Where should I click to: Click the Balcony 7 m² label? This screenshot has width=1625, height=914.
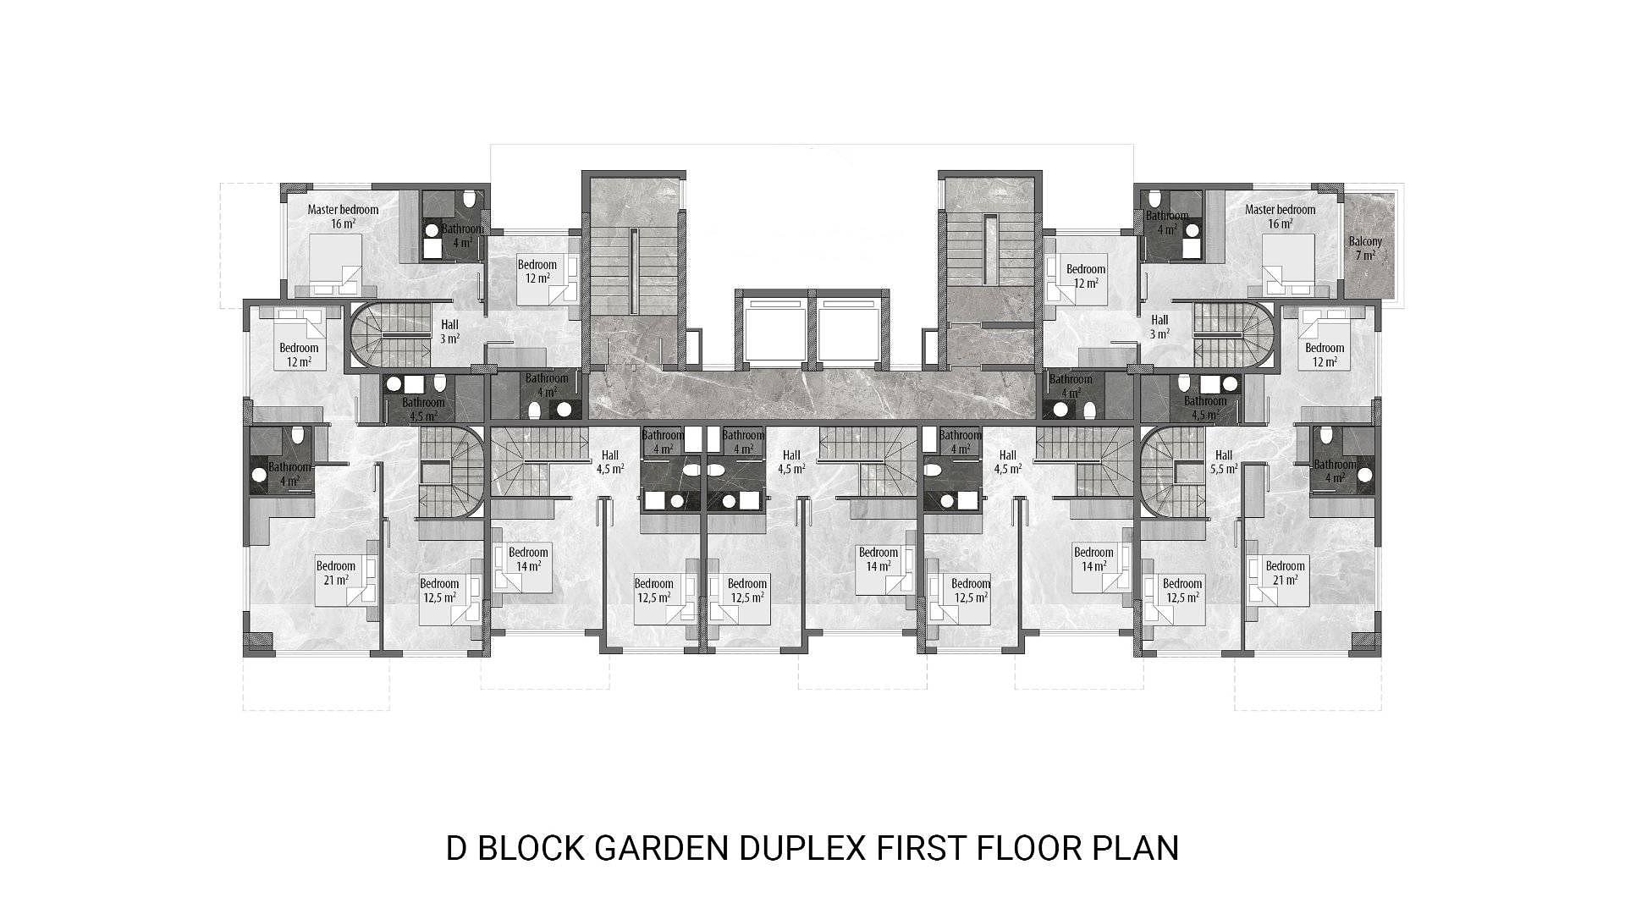pyautogui.click(x=1365, y=248)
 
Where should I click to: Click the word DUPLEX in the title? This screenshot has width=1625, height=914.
pyautogui.click(x=802, y=848)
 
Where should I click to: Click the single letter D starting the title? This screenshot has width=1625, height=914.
pyautogui.click(x=457, y=848)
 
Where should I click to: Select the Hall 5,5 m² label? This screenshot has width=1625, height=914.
pyautogui.click(x=1223, y=461)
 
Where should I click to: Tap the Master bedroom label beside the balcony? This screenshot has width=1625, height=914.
pyautogui.click(x=1280, y=217)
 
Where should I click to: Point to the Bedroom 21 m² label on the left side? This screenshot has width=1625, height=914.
pyautogui.click(x=336, y=573)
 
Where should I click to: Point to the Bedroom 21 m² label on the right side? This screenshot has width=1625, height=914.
pyautogui.click(x=1286, y=573)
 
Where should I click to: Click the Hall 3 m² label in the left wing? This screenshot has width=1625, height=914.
pyautogui.click(x=449, y=331)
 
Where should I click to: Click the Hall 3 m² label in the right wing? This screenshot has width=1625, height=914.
pyautogui.click(x=1160, y=327)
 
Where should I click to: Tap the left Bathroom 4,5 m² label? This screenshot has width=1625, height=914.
pyautogui.click(x=423, y=409)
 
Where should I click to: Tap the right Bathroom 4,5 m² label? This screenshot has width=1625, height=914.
pyautogui.click(x=1205, y=408)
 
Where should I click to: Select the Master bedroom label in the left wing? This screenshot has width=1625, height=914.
pyautogui.click(x=343, y=217)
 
